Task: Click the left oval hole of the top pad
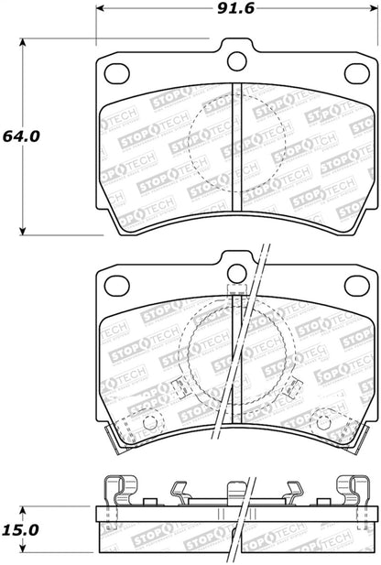click(x=116, y=73)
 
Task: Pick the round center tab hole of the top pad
click(x=237, y=61)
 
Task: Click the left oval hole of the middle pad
click(x=116, y=285)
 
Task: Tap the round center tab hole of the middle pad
click(x=237, y=273)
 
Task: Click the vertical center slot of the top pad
click(x=237, y=147)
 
